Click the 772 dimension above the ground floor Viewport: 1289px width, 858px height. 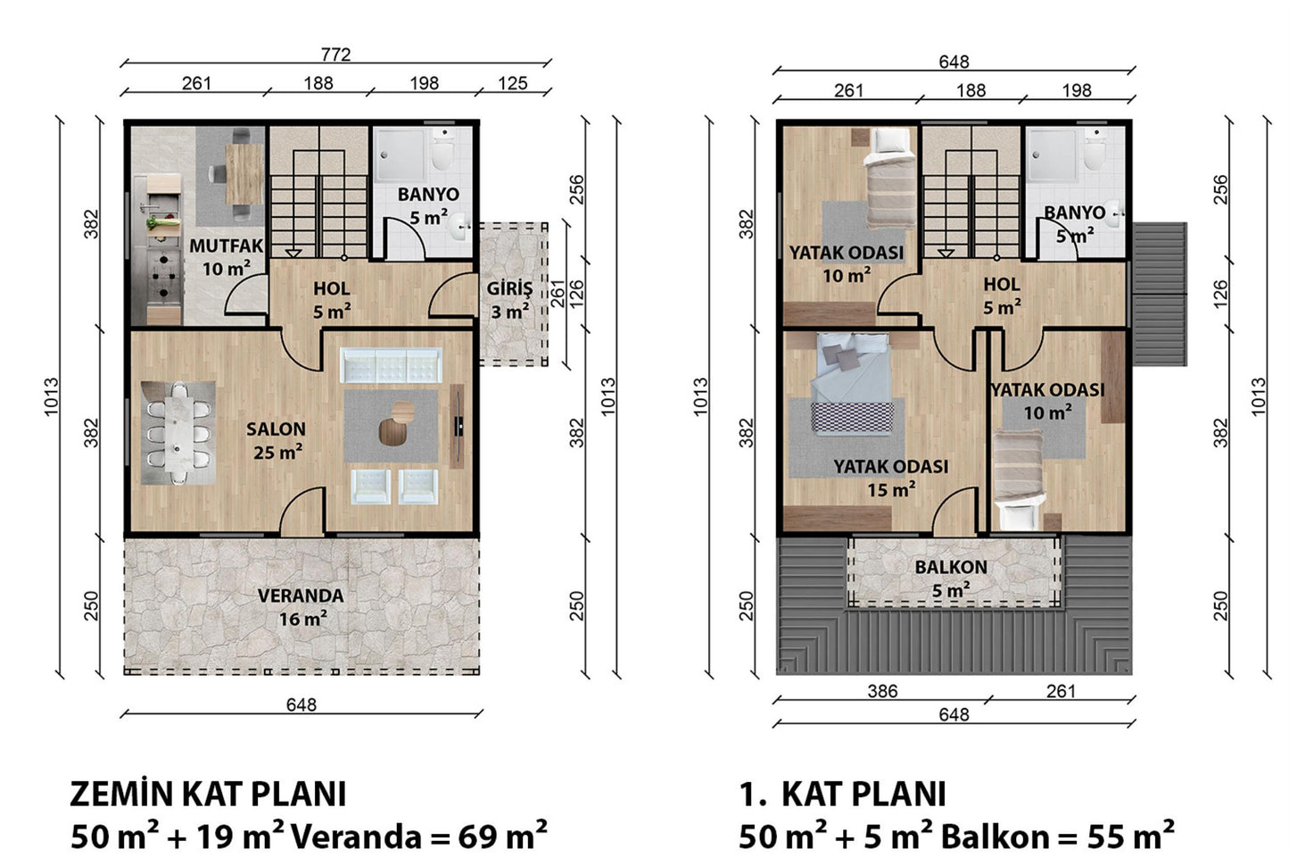tap(335, 54)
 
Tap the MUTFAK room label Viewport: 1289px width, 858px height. tap(227, 246)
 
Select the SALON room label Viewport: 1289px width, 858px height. tap(277, 429)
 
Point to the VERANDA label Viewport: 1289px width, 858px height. tap(301, 596)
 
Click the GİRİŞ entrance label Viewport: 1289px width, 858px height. tap(510, 288)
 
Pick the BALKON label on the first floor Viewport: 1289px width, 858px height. tap(951, 567)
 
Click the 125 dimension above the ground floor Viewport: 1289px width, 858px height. tap(512, 84)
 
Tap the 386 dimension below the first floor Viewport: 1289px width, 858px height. tap(882, 691)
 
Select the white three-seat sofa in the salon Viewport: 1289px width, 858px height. tap(392, 365)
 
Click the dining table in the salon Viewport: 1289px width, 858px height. tap(178, 433)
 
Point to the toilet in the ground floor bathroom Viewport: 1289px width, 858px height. tap(443, 148)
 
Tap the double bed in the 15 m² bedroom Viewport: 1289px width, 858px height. tap(852, 383)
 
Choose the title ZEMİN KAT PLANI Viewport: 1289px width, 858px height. tap(209, 795)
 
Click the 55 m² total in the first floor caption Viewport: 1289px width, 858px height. tap(1131, 836)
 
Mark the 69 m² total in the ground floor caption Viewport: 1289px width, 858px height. tap(502, 836)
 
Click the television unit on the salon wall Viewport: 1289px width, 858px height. tap(457, 426)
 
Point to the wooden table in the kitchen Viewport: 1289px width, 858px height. tap(244, 174)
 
